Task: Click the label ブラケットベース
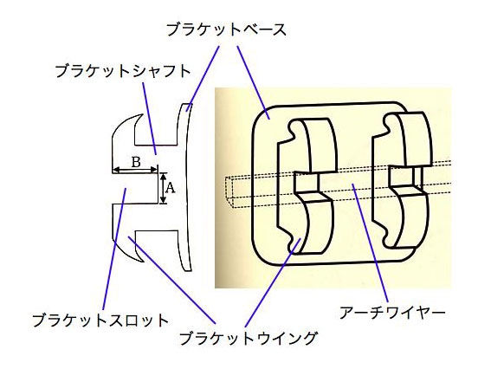coord(227,30)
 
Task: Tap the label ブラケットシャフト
coord(123,71)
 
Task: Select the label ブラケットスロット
coord(100,320)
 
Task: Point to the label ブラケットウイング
coord(248,338)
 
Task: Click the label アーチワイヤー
coord(392,313)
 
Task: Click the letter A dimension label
coord(170,188)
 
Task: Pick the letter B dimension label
coord(136,162)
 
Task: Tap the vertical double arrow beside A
coord(164,188)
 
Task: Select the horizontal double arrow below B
coord(135,170)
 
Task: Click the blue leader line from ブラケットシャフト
coord(150,119)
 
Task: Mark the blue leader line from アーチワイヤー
coord(371,243)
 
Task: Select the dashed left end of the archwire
coord(229,191)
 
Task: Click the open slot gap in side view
coord(135,188)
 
